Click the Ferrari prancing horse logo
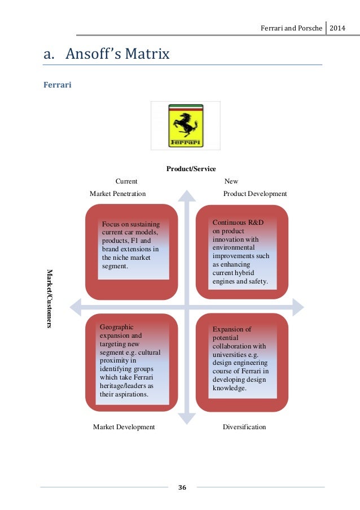point(186,125)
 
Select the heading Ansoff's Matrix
point(107,55)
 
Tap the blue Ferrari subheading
point(57,86)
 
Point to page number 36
point(182,487)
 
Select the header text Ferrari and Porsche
point(290,27)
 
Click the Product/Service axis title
point(191,168)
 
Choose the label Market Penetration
point(117,193)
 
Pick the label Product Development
point(255,193)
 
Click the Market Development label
point(124,427)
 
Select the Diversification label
point(244,427)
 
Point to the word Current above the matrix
point(126,181)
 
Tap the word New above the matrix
point(231,181)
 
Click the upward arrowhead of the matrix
point(187,196)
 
